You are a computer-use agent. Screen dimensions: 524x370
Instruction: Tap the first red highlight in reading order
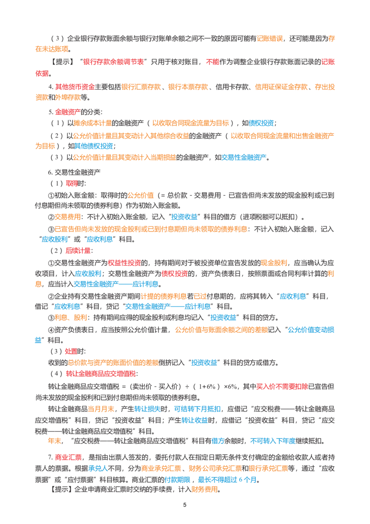113,60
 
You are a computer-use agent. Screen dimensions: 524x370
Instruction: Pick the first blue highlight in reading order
261,123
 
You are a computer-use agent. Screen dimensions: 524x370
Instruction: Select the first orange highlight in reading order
270,39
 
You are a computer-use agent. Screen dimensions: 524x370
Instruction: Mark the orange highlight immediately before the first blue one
191,123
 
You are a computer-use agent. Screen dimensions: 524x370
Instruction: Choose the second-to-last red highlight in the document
283,386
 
